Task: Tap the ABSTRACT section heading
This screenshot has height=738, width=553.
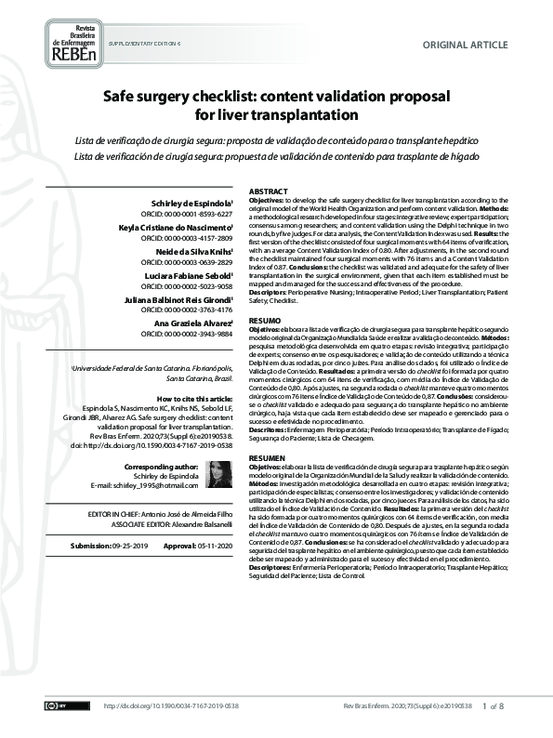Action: (269, 191)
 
